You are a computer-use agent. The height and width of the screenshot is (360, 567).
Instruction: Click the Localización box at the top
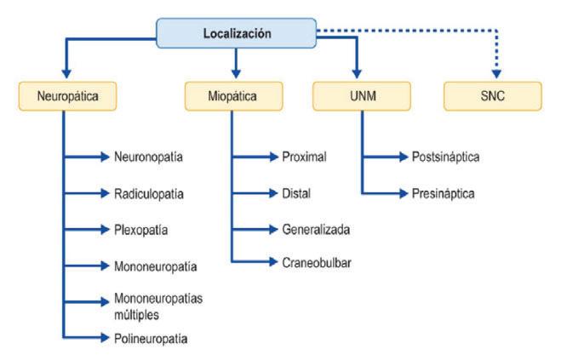[x=236, y=33]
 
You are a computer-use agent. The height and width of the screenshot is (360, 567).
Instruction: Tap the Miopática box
[x=233, y=96]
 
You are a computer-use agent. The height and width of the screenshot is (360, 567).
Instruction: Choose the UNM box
[x=357, y=96]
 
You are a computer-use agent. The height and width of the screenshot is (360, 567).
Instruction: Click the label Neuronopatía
[x=149, y=157]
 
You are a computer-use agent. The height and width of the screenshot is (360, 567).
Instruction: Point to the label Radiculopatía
[x=149, y=193]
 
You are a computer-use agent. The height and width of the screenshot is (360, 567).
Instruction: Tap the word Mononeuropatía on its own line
[x=156, y=266]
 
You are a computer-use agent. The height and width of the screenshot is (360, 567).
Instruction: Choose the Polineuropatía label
[x=152, y=339]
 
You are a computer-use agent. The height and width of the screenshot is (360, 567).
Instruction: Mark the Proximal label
[x=304, y=157]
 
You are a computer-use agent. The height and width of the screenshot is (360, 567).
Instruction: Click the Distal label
[x=296, y=193]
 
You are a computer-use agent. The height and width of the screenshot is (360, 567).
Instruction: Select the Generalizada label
[x=316, y=230]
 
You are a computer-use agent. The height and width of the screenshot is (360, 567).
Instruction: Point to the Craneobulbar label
[x=316, y=262]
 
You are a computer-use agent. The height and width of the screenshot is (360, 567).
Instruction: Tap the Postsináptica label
[x=445, y=157]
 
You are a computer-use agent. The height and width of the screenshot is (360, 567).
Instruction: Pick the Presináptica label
[x=443, y=193]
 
